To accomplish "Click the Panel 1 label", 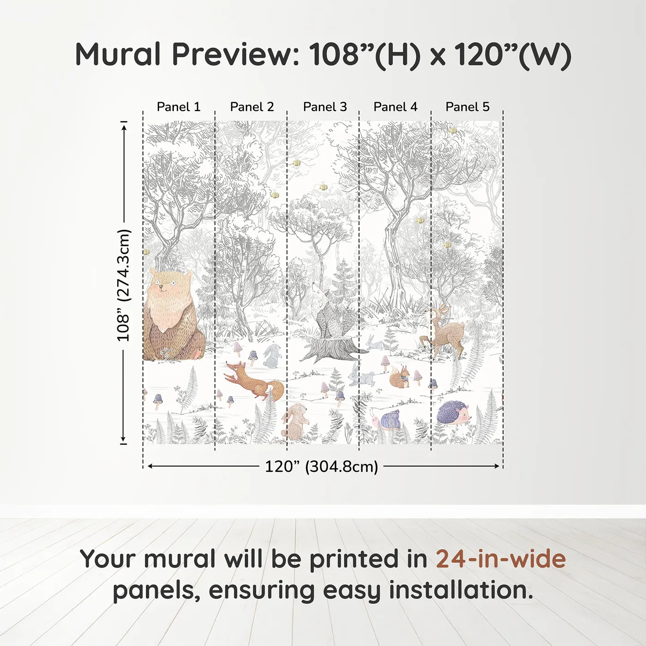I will (179, 107).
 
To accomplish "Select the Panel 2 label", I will (252, 107).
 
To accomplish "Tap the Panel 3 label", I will (325, 107).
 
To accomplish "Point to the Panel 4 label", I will (395, 107).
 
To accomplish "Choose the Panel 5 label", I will (467, 107).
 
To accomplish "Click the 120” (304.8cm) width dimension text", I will (321, 467).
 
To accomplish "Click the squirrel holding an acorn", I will (399, 377).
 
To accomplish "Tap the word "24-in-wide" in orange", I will (501, 559).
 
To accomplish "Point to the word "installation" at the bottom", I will (460, 590).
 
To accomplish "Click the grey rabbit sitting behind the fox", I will (272, 356).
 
